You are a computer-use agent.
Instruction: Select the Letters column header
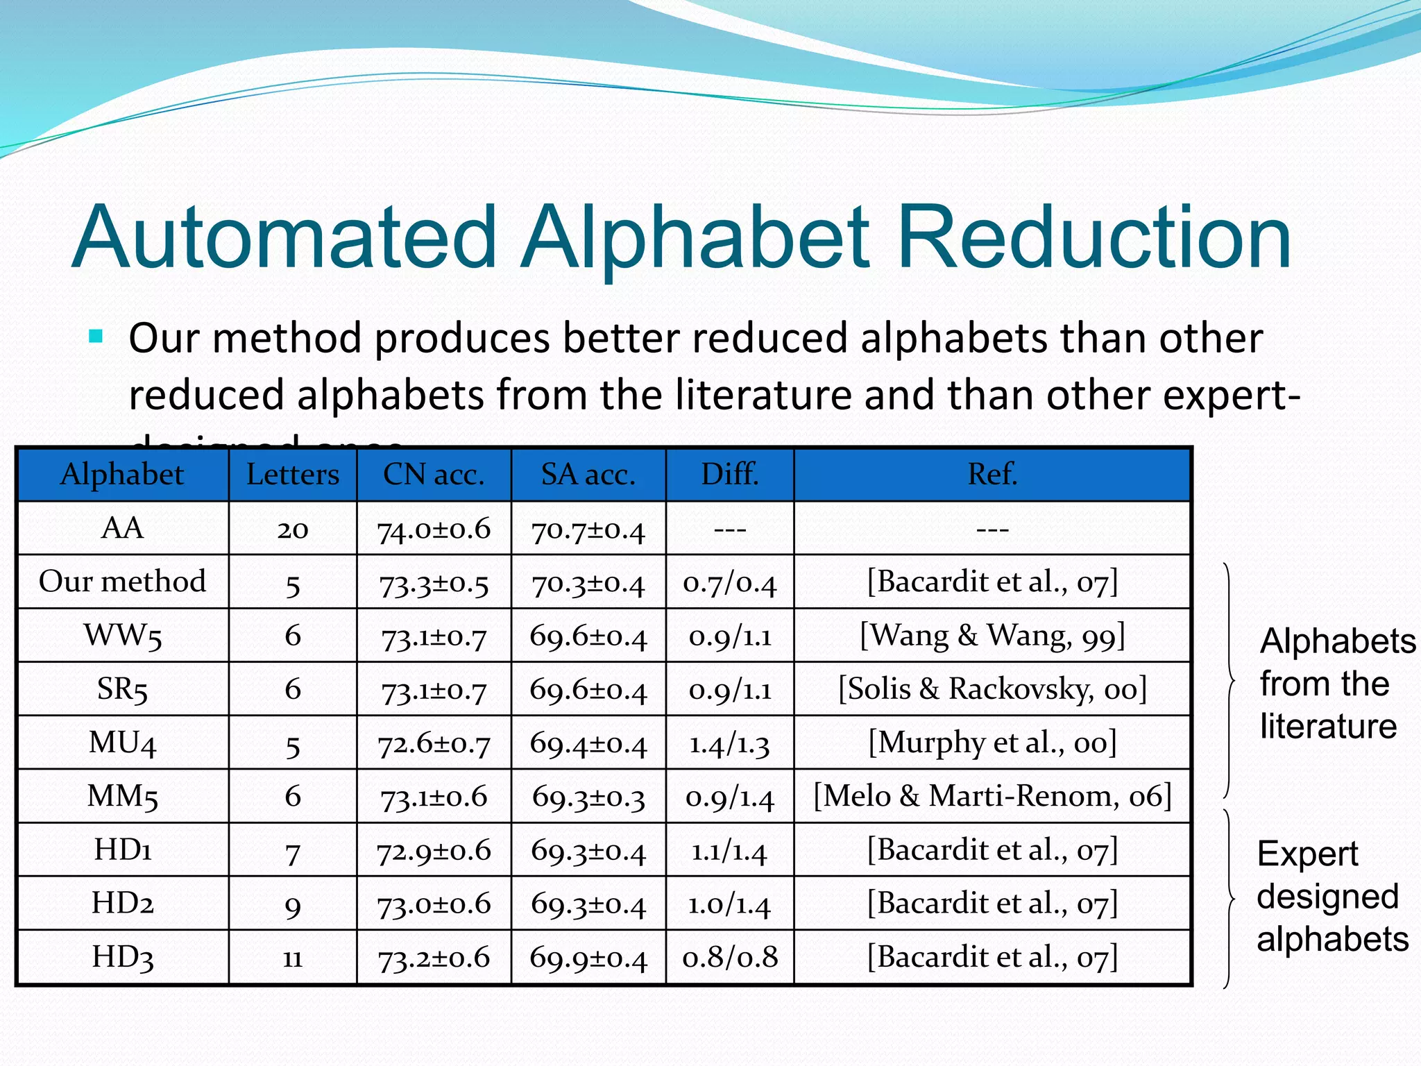coord(293,475)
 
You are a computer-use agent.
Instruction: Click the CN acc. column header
coord(434,475)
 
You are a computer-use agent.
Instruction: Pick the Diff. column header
coord(730,475)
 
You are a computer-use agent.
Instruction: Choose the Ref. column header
coord(992,475)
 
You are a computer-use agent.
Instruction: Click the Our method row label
coord(122,582)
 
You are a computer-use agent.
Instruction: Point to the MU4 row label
coord(122,743)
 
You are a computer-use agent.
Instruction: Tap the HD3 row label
coord(122,957)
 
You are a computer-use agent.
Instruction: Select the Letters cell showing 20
coord(293,530)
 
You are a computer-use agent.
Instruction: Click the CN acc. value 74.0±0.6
coord(434,530)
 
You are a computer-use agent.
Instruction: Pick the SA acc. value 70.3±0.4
coord(588,583)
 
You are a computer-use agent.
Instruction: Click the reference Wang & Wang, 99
coord(992,636)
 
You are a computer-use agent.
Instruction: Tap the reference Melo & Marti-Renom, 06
coord(992,796)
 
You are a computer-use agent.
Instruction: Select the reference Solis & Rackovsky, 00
coord(992,689)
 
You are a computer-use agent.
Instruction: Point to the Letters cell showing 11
coord(293,958)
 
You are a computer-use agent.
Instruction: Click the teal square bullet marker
coord(96,338)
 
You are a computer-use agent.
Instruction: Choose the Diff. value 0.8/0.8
coord(730,958)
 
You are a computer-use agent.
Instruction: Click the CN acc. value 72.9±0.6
coord(434,851)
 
